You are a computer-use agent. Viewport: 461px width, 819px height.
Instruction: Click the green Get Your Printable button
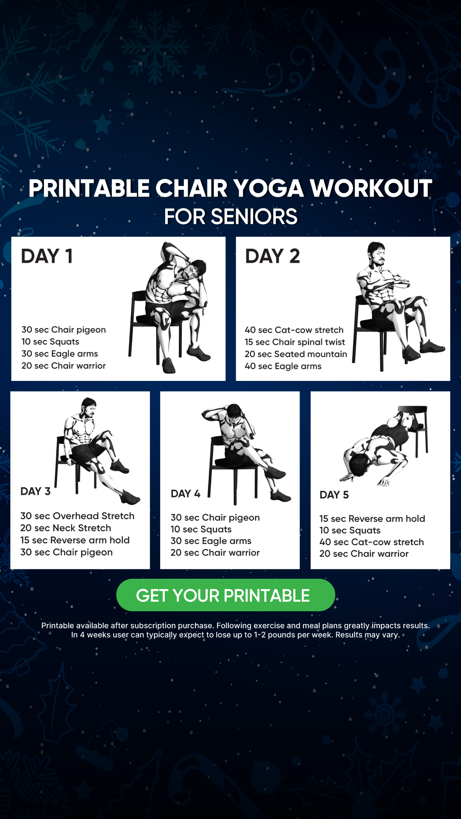tap(225, 595)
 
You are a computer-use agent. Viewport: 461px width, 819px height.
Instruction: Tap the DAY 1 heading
tap(47, 256)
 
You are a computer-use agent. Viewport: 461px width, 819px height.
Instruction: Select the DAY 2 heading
tap(272, 256)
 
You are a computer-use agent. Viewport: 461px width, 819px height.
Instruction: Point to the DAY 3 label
tap(35, 491)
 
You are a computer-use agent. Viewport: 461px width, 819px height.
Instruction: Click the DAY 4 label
tap(185, 494)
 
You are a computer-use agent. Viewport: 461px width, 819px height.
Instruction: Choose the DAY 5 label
tap(334, 495)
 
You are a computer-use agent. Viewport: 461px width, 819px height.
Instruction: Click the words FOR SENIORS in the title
tap(230, 216)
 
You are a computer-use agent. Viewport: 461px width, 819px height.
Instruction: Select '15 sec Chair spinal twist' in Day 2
tap(295, 342)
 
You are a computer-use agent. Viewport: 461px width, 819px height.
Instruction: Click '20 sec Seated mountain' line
tap(296, 354)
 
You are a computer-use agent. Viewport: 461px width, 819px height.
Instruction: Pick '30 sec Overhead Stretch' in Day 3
tap(77, 516)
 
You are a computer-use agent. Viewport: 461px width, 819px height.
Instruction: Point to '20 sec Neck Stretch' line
tap(66, 528)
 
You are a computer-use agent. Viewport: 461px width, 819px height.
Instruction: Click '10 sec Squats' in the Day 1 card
tap(50, 342)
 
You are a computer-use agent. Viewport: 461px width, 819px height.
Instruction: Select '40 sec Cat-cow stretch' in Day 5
tap(372, 542)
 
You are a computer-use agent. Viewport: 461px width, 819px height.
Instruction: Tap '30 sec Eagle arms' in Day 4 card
tap(211, 541)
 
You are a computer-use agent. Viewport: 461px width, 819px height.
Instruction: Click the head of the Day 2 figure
tap(376, 253)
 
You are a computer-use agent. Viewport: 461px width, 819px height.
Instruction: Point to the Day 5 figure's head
tap(359, 465)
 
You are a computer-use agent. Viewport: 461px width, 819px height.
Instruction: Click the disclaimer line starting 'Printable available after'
tap(235, 626)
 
